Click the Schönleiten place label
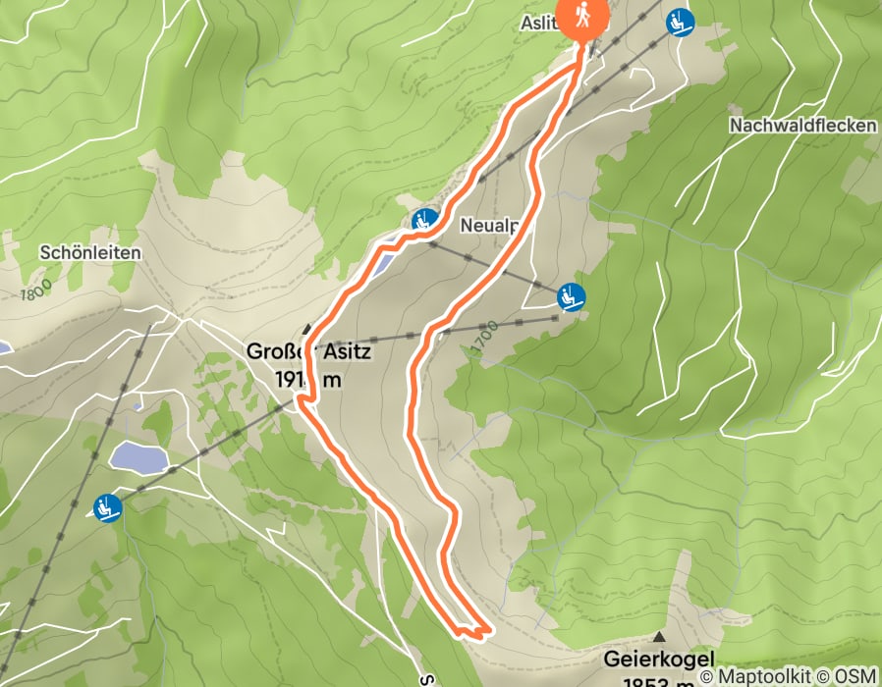click(x=90, y=252)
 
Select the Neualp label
click(x=489, y=225)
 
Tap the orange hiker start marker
click(x=582, y=18)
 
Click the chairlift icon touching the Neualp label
click(x=423, y=220)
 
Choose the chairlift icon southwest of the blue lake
click(x=106, y=508)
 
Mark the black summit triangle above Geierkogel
click(x=658, y=638)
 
